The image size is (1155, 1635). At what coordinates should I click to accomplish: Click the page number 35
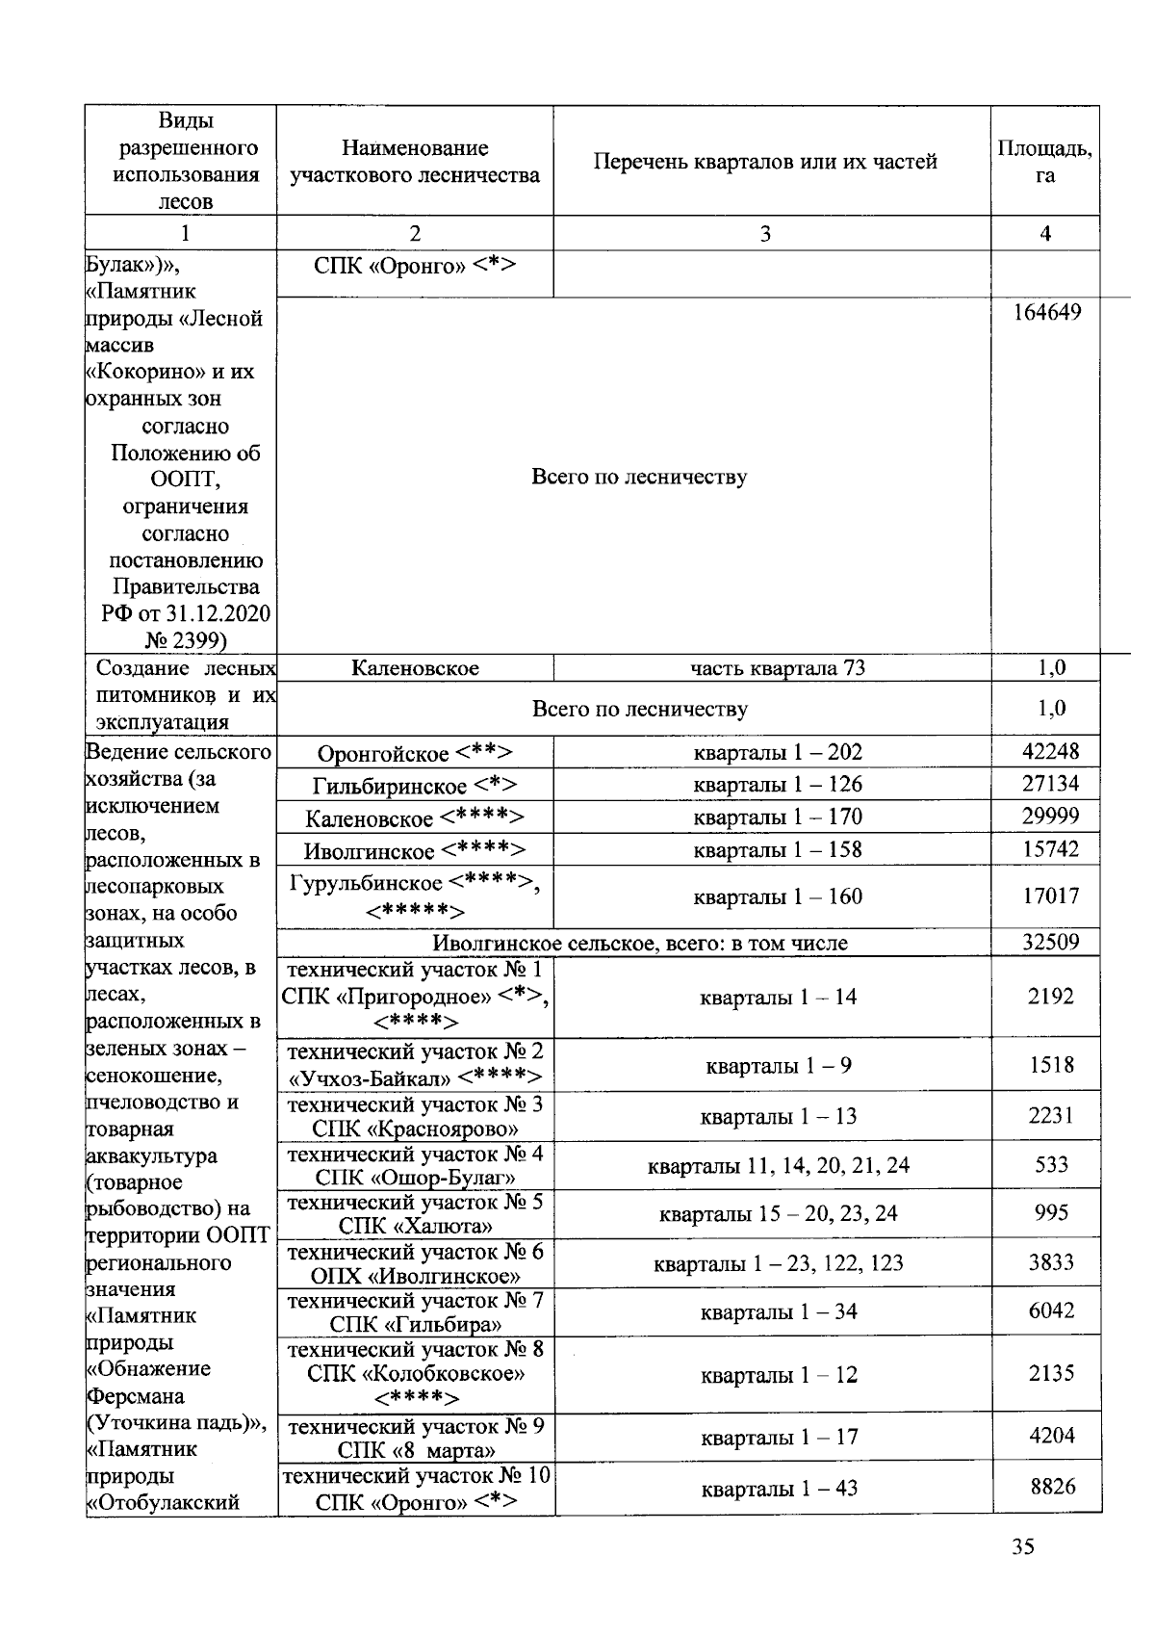click(1023, 1546)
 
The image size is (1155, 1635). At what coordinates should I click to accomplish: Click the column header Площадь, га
click(1045, 161)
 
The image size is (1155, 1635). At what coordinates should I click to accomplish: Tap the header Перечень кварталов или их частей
click(765, 162)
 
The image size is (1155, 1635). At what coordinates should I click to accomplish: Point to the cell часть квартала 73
click(778, 668)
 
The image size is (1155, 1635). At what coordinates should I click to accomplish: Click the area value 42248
click(1050, 751)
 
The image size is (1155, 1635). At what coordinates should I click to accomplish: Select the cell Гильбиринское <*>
click(415, 786)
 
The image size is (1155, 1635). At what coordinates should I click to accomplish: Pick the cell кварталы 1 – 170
click(778, 817)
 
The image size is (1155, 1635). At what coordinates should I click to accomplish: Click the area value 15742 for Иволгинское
click(1050, 848)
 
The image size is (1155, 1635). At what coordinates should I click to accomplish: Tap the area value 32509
click(1050, 942)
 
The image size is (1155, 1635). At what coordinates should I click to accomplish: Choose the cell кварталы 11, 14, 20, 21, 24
click(778, 1165)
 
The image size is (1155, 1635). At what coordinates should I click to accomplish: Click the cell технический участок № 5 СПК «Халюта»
click(415, 1213)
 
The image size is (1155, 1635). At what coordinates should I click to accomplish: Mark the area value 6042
click(1051, 1311)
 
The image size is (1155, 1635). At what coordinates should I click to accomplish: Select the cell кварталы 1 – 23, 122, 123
click(778, 1262)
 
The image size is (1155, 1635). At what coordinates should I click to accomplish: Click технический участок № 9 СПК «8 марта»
click(416, 1438)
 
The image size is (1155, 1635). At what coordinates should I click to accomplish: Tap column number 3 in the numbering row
click(765, 233)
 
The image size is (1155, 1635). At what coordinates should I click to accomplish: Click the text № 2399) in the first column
click(185, 640)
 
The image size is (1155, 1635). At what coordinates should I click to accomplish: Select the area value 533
click(1051, 1164)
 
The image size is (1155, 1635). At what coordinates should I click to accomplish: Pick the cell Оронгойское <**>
click(415, 753)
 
